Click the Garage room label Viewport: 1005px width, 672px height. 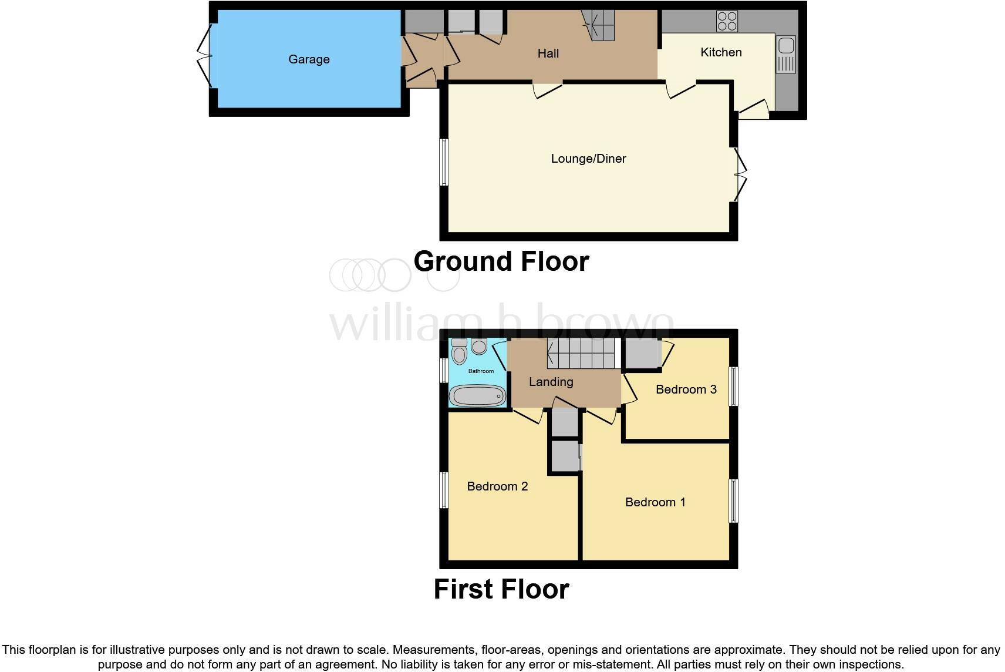click(309, 59)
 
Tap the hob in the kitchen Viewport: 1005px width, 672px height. click(727, 22)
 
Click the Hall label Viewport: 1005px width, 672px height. click(548, 53)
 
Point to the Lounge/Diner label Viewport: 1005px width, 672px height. click(588, 159)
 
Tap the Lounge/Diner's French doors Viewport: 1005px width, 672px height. click(741, 174)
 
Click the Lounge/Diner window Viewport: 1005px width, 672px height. click(444, 162)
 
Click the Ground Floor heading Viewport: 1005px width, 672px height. click(501, 261)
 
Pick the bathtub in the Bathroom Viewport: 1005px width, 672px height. click(477, 397)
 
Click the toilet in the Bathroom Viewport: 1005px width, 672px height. click(459, 352)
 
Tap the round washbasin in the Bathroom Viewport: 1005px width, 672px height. click(479, 347)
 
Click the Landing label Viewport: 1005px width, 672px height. click(551, 382)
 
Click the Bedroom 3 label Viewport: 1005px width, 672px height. click(686, 389)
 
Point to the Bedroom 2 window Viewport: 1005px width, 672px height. click(444, 490)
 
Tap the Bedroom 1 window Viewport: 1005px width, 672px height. click(733, 500)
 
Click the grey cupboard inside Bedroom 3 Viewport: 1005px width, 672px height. click(642, 353)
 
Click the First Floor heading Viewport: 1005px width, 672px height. click(501, 589)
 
